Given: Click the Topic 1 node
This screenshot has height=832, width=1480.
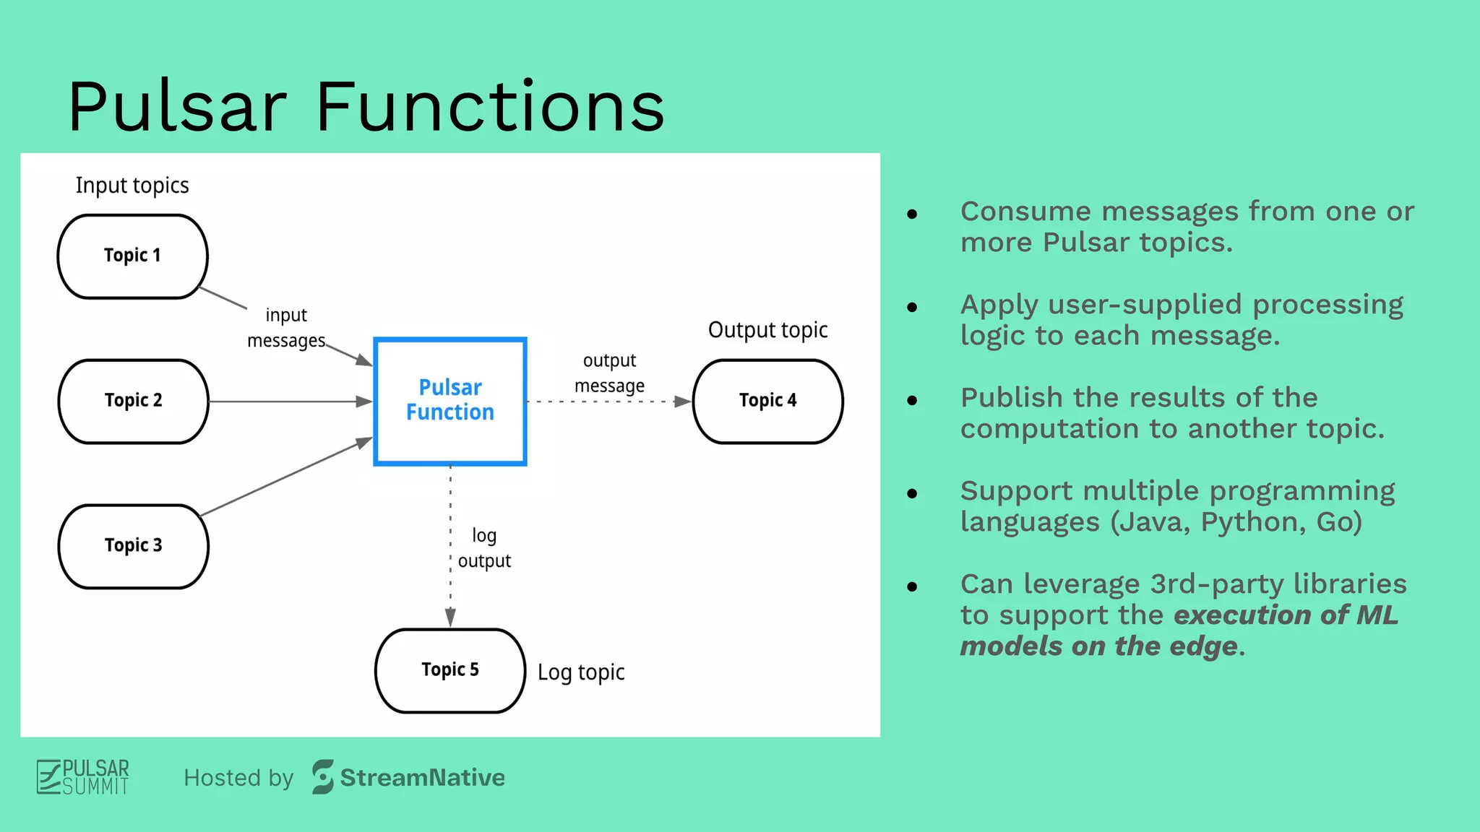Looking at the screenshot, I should [132, 256].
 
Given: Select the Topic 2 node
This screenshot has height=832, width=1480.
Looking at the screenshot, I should [133, 401].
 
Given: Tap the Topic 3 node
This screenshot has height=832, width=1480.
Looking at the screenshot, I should [133, 546].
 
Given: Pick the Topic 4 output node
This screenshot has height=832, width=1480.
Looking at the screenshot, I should [767, 401].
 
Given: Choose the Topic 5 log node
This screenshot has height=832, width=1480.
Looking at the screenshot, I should [449, 670].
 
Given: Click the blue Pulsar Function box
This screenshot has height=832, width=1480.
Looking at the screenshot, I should [449, 401].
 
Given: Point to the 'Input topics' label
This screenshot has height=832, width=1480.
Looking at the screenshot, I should [132, 186].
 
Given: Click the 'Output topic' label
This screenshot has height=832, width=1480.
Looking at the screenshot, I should [767, 330].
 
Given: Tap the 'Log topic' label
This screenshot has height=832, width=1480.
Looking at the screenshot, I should [581, 672].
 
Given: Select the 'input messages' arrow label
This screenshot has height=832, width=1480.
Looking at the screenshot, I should [286, 328].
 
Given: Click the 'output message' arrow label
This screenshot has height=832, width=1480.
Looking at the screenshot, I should [609, 373].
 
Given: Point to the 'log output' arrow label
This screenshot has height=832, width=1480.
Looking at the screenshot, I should [484, 548].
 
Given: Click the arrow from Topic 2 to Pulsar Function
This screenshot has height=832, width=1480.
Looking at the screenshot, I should [289, 401].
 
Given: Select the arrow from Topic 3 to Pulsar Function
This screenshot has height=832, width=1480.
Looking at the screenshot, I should [285, 477].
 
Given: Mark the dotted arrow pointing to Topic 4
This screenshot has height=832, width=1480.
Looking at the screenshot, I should [607, 402].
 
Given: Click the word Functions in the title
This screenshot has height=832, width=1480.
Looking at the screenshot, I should [490, 107].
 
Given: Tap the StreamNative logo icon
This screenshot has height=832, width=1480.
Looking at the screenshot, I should [322, 777].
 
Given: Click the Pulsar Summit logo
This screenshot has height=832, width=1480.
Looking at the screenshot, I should [83, 777].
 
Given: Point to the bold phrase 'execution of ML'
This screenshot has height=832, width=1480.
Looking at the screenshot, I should [1286, 615].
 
